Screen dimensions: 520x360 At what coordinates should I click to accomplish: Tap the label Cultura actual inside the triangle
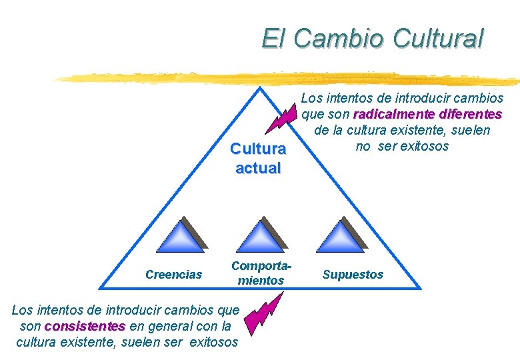258,159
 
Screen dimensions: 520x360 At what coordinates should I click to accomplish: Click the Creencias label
174,274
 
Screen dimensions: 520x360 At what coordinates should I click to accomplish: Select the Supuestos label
353,274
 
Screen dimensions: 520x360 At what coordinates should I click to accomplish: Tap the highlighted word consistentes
85,327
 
